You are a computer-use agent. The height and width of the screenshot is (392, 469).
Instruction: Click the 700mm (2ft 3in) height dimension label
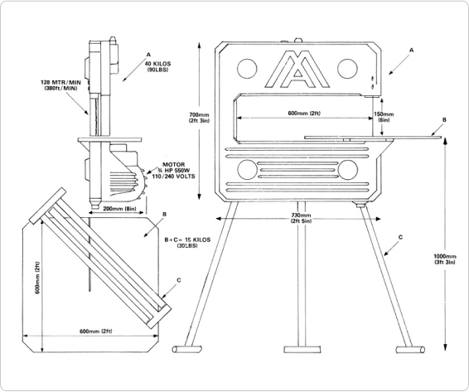click(x=199, y=118)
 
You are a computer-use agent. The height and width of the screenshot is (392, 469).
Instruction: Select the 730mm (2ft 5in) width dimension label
click(x=301, y=218)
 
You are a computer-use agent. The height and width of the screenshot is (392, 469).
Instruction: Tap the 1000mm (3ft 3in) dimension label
click(x=445, y=259)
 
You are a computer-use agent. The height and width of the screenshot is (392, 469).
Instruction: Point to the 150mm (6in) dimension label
click(x=384, y=117)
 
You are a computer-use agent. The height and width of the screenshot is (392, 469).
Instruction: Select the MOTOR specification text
click(x=173, y=170)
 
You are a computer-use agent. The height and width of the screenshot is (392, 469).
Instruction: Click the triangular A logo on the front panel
click(x=297, y=69)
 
